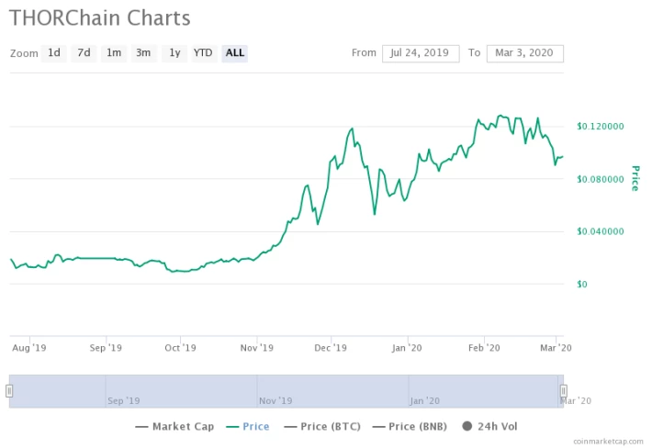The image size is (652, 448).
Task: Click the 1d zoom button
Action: click(x=54, y=53)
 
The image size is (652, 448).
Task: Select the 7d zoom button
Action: click(x=84, y=53)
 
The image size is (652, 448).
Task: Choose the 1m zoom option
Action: click(x=114, y=53)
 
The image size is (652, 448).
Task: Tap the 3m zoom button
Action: click(x=143, y=53)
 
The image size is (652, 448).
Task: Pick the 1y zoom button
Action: click(x=174, y=53)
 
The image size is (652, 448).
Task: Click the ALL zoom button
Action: click(x=235, y=53)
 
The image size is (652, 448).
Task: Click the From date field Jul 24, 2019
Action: click(x=421, y=53)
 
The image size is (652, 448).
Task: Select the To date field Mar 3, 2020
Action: click(x=524, y=53)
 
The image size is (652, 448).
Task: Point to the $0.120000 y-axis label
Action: click(x=601, y=127)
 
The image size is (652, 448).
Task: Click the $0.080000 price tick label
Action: click(x=601, y=179)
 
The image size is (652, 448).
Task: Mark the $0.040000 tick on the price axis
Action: click(x=601, y=231)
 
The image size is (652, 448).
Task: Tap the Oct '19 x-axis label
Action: click(x=180, y=348)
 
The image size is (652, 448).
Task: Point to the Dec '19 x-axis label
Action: click(x=331, y=348)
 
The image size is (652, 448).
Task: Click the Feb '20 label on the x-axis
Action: click(x=484, y=348)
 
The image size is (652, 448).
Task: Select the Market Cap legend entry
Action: click(x=174, y=426)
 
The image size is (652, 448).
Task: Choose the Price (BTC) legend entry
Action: click(x=322, y=426)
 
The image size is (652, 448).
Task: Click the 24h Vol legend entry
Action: click(x=489, y=426)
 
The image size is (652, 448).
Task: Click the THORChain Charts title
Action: click(x=100, y=18)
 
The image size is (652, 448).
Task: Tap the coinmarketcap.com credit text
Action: click(x=608, y=442)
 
